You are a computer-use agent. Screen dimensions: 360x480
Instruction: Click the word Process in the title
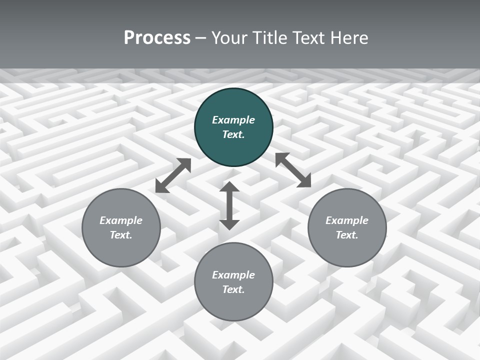click(x=157, y=38)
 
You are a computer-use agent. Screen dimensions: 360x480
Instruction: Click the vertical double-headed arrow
click(x=229, y=205)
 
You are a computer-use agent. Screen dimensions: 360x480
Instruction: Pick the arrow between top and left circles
click(x=173, y=175)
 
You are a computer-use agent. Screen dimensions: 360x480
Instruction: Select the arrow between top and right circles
click(x=293, y=170)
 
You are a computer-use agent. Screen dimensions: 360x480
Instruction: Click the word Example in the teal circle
click(x=233, y=120)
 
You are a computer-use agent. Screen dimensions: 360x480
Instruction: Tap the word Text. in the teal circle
click(x=233, y=134)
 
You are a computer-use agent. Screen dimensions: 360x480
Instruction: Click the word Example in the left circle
click(x=121, y=220)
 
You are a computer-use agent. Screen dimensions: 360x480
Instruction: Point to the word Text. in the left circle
click(x=121, y=235)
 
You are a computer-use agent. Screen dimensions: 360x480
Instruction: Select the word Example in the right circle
click(x=347, y=220)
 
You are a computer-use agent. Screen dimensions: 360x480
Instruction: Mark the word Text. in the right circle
click(x=347, y=235)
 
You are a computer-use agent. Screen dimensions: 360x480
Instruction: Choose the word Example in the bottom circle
click(x=233, y=275)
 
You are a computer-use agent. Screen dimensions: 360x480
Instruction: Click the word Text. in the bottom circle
click(x=233, y=289)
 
